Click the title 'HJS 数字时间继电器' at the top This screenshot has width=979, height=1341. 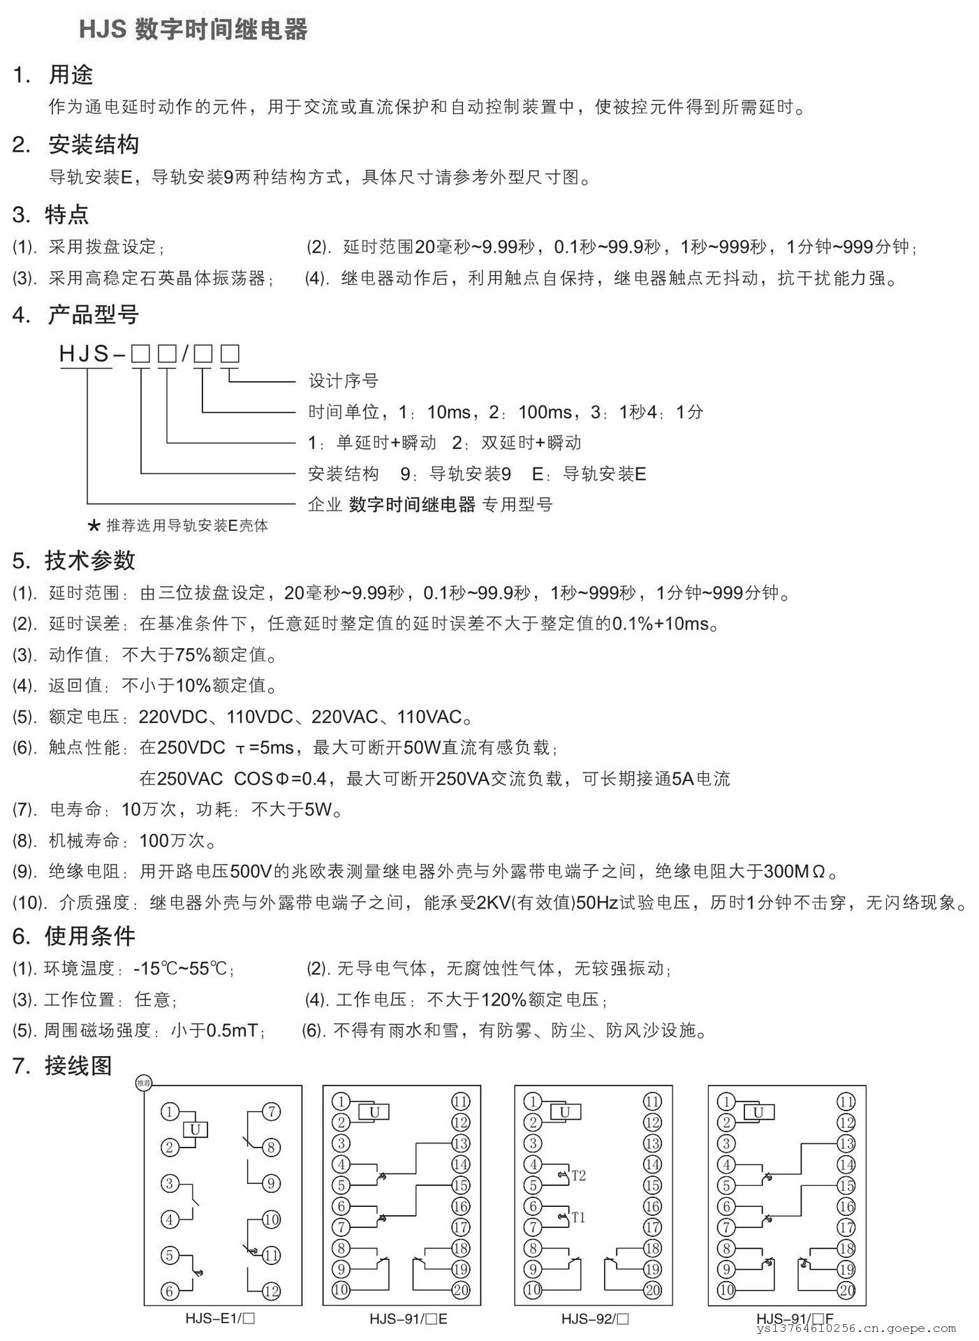pos(193,30)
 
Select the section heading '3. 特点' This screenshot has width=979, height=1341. pos(50,214)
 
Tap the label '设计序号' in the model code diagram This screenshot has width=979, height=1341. pos(343,381)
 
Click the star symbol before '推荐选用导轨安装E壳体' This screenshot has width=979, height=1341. pos(93,525)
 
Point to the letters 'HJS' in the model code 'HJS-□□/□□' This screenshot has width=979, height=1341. pos(84,355)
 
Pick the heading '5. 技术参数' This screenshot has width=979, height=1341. pos(73,560)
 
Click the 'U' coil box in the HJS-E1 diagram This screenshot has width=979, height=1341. pos(195,1129)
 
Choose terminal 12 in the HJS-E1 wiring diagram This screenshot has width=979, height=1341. pos(270,1291)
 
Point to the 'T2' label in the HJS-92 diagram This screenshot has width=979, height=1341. pos(578,1176)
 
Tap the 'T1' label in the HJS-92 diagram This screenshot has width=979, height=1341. pos(578,1217)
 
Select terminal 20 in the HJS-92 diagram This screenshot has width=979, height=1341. pos(652,1290)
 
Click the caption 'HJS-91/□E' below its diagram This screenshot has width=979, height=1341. pos(408,1319)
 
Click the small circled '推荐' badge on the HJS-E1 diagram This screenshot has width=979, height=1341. pos(144,1083)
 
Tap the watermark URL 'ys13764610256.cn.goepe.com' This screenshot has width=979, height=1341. pos(857,1328)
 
